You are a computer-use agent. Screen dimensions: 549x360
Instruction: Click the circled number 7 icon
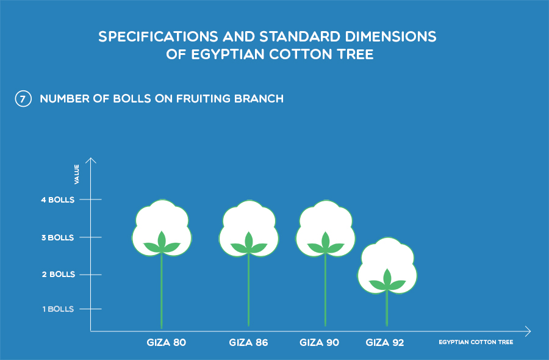tap(23, 99)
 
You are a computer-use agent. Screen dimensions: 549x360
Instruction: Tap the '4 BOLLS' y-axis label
tap(58, 200)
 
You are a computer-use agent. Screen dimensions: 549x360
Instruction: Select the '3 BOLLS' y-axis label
tap(58, 237)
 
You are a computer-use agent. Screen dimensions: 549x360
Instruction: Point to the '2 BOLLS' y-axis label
tap(59, 274)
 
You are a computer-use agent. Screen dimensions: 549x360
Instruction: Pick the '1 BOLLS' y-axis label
tap(58, 309)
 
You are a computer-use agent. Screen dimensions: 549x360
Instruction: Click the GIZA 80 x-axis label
tap(167, 342)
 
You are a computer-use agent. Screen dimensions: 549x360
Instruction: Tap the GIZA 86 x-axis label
tap(249, 342)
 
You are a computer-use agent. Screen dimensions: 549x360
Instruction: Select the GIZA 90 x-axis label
tap(319, 342)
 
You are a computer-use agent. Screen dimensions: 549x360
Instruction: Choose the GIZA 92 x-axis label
tap(385, 342)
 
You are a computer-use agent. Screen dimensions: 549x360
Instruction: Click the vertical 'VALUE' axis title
tap(77, 174)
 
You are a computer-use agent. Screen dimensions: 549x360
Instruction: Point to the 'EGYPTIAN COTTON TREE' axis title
tap(476, 342)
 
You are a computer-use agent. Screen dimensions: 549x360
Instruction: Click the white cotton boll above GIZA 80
tap(162, 228)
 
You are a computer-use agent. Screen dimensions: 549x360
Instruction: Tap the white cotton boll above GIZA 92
tap(387, 265)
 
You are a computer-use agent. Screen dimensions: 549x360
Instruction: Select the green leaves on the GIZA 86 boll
tap(249, 243)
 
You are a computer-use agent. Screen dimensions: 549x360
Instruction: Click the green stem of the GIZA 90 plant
tap(325, 290)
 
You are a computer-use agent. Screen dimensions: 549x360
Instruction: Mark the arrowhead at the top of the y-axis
tap(91, 160)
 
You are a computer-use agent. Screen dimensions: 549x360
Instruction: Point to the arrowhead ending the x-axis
tap(528, 331)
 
